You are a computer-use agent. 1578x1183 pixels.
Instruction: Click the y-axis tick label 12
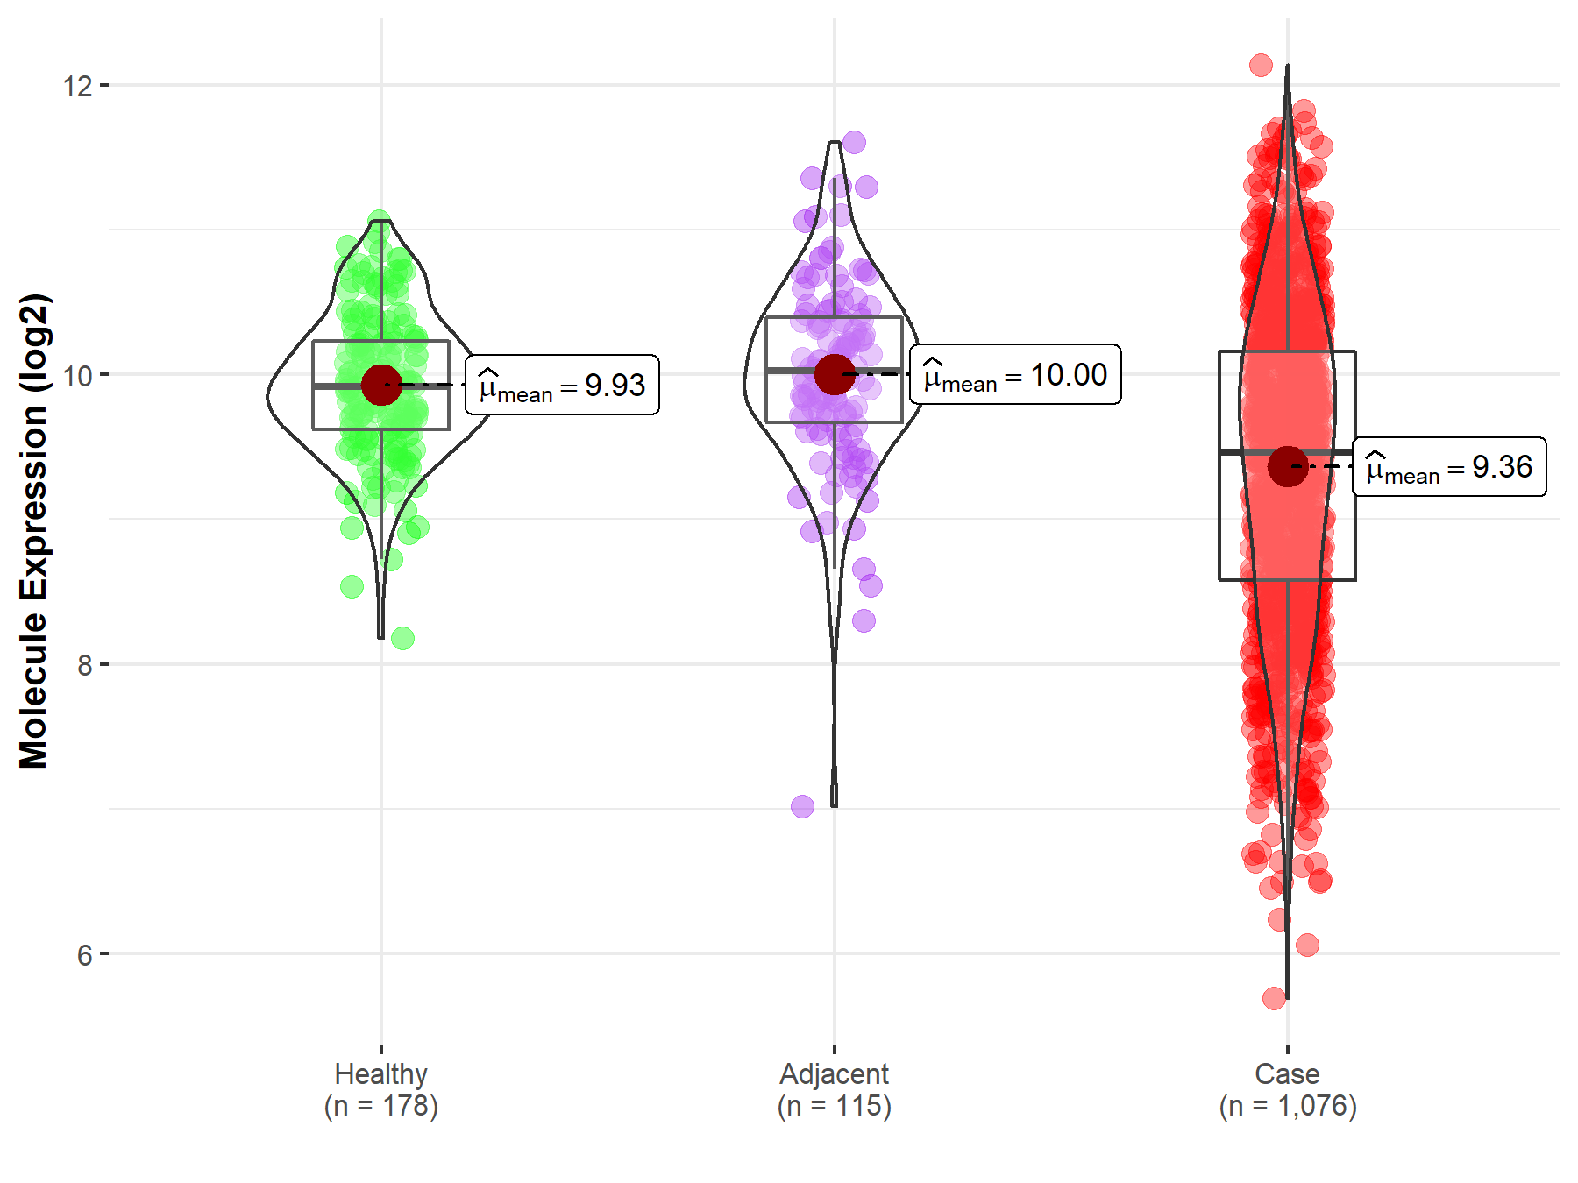point(77,86)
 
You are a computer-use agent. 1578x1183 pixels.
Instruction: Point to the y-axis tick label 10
point(77,375)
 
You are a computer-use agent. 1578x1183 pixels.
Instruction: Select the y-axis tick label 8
point(84,665)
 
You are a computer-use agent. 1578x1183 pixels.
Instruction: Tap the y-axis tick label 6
point(84,954)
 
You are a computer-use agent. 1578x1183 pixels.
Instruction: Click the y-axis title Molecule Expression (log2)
point(33,531)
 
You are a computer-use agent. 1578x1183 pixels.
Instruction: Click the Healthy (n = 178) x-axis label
point(381,1089)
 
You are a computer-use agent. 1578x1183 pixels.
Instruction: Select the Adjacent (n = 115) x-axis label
point(834,1089)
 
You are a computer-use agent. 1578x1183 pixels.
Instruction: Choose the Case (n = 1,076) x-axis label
point(1287,1089)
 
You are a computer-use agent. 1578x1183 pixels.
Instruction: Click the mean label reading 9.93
point(562,385)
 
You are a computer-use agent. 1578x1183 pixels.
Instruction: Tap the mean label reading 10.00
point(1015,374)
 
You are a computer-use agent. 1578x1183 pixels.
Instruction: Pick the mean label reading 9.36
point(1449,466)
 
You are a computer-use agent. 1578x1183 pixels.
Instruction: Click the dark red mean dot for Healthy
point(381,385)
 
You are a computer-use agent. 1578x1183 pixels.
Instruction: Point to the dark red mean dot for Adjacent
point(834,374)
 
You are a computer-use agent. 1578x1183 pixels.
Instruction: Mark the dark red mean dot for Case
point(1287,466)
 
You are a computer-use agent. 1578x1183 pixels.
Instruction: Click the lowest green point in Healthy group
point(402,638)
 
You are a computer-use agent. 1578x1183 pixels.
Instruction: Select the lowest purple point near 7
point(802,806)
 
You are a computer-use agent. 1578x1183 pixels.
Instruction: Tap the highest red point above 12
point(1261,65)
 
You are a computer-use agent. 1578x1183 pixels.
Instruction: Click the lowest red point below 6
point(1274,998)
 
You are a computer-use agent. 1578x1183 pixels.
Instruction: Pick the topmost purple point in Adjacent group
point(854,142)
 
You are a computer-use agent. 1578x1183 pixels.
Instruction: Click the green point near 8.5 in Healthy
point(352,586)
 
